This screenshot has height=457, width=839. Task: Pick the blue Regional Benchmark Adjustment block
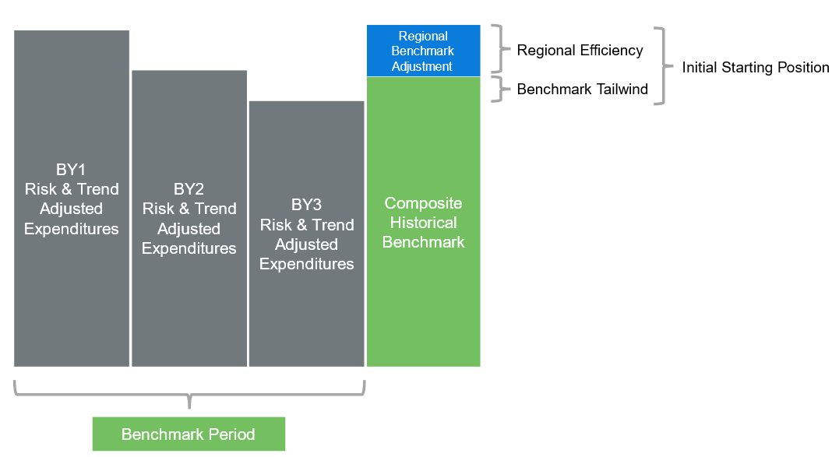click(x=424, y=51)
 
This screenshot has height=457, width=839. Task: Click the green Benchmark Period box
click(x=189, y=434)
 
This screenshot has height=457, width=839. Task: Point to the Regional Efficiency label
click(x=580, y=51)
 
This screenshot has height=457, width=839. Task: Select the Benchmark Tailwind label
click(x=583, y=90)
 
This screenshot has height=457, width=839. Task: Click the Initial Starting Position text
click(x=756, y=68)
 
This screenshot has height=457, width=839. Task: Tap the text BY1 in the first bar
click(x=71, y=169)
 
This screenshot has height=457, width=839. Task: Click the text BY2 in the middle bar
click(x=189, y=189)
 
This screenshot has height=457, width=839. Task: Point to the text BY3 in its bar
click(x=306, y=205)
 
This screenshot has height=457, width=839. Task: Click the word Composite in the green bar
click(x=424, y=203)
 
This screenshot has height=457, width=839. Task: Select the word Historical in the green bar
click(x=424, y=223)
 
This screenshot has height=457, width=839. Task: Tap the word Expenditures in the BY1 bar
click(x=72, y=229)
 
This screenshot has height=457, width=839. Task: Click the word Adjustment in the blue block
click(x=422, y=67)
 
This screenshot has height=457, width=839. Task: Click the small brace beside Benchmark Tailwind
click(x=502, y=90)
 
